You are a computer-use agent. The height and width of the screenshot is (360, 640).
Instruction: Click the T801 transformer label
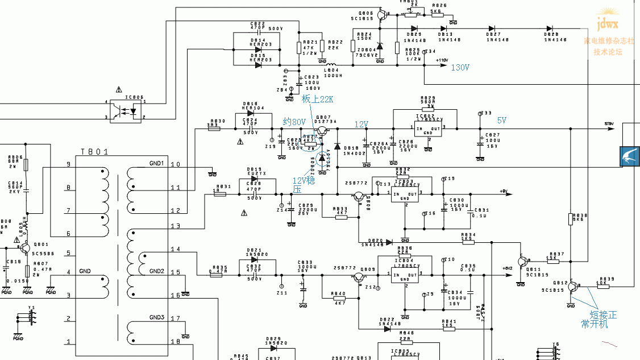pyautogui.click(x=94, y=152)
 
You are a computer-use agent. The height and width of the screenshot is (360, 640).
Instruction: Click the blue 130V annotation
pyautogui.click(x=460, y=67)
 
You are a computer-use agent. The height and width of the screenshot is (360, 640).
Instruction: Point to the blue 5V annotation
pyautogui.click(x=502, y=121)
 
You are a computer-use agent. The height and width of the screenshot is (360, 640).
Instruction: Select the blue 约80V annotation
pyautogui.click(x=294, y=122)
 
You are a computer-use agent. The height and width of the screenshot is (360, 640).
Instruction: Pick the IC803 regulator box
pyautogui.click(x=405, y=195)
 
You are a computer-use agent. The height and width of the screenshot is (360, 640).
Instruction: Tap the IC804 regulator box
pyautogui.click(x=405, y=276)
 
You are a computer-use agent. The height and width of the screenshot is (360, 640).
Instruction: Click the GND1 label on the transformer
pyautogui.click(x=156, y=163)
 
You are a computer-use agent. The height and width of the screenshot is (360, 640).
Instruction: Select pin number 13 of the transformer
pyautogui.click(x=175, y=226)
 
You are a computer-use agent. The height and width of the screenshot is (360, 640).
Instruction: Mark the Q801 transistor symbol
pyautogui.click(x=24, y=249)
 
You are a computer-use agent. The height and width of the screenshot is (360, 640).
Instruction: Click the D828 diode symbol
pyautogui.click(x=550, y=28)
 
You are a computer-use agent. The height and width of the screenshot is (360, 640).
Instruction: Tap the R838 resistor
pyautogui.click(x=570, y=219)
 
